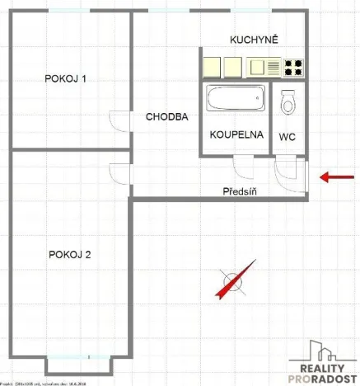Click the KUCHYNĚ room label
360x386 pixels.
(x=254, y=40)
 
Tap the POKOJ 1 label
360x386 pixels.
(x=67, y=79)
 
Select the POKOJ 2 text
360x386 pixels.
(x=69, y=254)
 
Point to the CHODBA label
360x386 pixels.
(x=167, y=117)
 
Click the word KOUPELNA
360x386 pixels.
(x=236, y=134)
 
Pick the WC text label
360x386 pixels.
(x=288, y=135)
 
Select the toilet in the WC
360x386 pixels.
(x=288, y=102)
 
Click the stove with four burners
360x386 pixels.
(x=293, y=66)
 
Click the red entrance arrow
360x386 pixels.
(x=334, y=176)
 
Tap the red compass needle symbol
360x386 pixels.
(x=232, y=282)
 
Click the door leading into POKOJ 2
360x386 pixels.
(x=119, y=175)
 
